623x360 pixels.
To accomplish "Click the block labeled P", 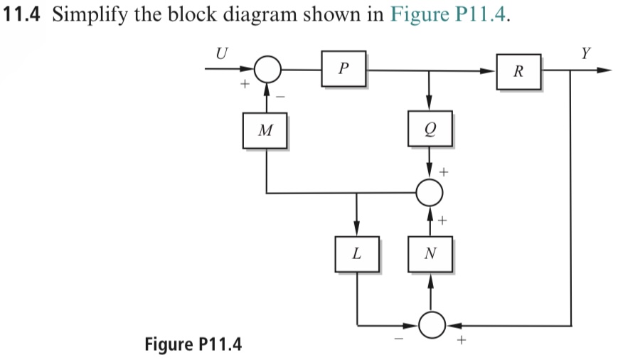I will click(344, 68).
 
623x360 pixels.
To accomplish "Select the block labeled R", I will click(518, 71).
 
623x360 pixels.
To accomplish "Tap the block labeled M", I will click(265, 130).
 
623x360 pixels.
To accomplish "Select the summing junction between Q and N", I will click(430, 191).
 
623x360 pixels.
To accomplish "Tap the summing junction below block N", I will click(430, 325).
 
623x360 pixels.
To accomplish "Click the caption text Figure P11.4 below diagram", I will click(193, 345).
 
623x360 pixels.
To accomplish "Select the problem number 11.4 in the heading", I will click(24, 17).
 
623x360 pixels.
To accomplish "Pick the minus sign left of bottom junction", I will click(399, 342).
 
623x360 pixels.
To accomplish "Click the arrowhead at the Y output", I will click(605, 70).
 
